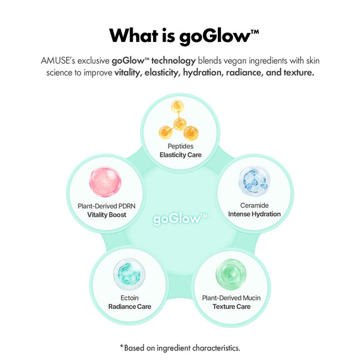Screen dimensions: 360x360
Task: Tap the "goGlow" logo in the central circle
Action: pos(180,219)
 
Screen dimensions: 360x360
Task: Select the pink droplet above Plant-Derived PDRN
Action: pos(105,182)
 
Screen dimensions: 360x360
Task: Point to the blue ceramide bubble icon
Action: pos(254,181)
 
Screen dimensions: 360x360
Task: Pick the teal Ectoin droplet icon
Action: pos(129,274)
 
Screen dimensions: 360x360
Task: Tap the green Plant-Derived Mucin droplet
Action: pos(231,274)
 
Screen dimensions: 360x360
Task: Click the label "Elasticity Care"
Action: pos(181,155)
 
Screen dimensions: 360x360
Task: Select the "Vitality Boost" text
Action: pos(107,215)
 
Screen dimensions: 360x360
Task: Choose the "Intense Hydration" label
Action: pos(254,214)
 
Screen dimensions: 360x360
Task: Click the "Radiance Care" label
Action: pos(130,307)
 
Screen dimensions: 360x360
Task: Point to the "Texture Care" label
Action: pos(232,307)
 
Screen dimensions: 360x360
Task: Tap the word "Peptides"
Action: pos(181,146)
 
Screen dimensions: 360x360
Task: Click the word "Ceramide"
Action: pos(254,205)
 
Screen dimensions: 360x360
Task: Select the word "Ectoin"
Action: pos(130,298)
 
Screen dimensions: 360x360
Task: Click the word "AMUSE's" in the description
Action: pos(58,61)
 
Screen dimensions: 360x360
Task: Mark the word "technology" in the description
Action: pos(173,61)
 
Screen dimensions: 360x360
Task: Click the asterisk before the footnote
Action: pos(122,346)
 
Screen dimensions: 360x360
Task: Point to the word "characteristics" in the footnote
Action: pos(215,348)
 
